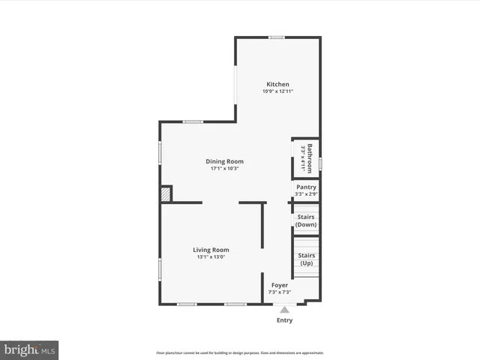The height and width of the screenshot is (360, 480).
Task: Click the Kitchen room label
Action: click(277, 84)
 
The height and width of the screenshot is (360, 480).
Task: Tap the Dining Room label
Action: click(225, 161)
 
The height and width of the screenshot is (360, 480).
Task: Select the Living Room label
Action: click(211, 250)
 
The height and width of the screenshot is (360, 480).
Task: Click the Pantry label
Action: click(306, 187)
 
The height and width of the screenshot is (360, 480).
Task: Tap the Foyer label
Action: click(279, 285)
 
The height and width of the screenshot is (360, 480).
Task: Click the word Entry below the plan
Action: click(283, 320)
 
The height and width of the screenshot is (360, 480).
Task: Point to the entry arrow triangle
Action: click(283, 308)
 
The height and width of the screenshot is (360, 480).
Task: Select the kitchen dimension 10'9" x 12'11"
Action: click(277, 91)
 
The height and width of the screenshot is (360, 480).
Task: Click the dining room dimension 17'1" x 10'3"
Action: click(225, 169)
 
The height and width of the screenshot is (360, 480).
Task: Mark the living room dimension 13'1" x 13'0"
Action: click(211, 257)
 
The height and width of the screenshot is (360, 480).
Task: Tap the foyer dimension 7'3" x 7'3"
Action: click(279, 292)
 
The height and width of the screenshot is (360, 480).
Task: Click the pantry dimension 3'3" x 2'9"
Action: click(306, 194)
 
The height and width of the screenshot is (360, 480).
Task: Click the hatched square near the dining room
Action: click(166, 194)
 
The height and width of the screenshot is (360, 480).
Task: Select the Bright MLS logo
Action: click(29, 349)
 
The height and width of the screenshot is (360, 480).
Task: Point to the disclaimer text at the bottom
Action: click(239, 352)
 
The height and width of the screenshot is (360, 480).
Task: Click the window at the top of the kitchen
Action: click(277, 37)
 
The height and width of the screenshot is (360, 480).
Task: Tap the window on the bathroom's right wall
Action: click(320, 162)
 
